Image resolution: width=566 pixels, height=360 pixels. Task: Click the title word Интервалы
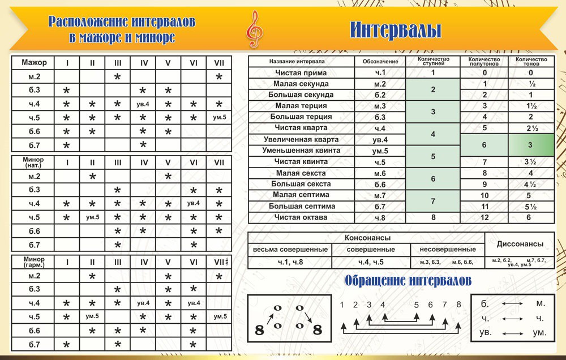[395, 29]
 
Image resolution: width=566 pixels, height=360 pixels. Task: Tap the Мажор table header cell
[33, 62]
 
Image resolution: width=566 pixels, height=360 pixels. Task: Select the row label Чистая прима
[301, 72]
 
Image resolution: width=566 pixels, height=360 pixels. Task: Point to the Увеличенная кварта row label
[301, 139]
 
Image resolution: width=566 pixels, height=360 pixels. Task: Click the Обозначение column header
[379, 61]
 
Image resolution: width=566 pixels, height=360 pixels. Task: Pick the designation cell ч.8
[379, 217]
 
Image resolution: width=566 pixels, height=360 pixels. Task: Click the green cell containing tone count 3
[530, 145]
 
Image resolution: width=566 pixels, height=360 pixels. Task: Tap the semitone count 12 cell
[484, 217]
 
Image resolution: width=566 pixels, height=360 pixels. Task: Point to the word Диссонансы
[520, 244]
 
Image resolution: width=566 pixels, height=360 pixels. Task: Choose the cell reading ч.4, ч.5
[371, 262]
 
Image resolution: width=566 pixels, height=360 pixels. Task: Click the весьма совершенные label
[290, 250]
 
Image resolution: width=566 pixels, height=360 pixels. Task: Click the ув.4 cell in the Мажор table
[143, 104]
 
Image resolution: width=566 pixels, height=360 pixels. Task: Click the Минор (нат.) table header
[33, 162]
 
